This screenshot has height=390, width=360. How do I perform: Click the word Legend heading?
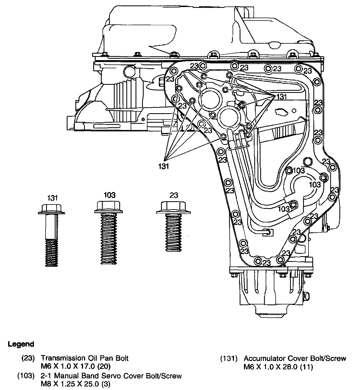[x=21, y=344]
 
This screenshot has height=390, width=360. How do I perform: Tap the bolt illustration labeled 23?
[x=173, y=227]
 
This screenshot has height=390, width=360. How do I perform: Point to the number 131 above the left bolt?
[x=52, y=198]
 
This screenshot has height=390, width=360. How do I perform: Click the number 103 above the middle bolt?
[x=109, y=195]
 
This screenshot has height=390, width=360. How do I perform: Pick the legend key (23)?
[x=28, y=358]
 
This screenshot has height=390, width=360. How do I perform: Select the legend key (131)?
[x=229, y=359]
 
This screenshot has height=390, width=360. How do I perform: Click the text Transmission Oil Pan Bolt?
[x=85, y=358]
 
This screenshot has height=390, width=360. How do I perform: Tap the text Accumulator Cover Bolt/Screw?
[x=295, y=359]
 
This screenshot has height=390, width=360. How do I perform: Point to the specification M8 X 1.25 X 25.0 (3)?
[x=76, y=384]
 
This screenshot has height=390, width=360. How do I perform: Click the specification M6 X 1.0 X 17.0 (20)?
[x=76, y=367]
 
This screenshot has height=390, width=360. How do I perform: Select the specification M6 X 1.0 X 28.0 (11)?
[x=278, y=367]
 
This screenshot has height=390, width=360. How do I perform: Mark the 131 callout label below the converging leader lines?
[x=164, y=166]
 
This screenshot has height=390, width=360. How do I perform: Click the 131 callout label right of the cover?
[x=282, y=97]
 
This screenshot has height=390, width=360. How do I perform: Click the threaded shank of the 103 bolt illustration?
[x=109, y=238]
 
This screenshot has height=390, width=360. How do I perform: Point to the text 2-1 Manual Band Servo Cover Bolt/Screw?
[x=111, y=376]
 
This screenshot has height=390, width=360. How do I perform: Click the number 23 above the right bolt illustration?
[x=173, y=195]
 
